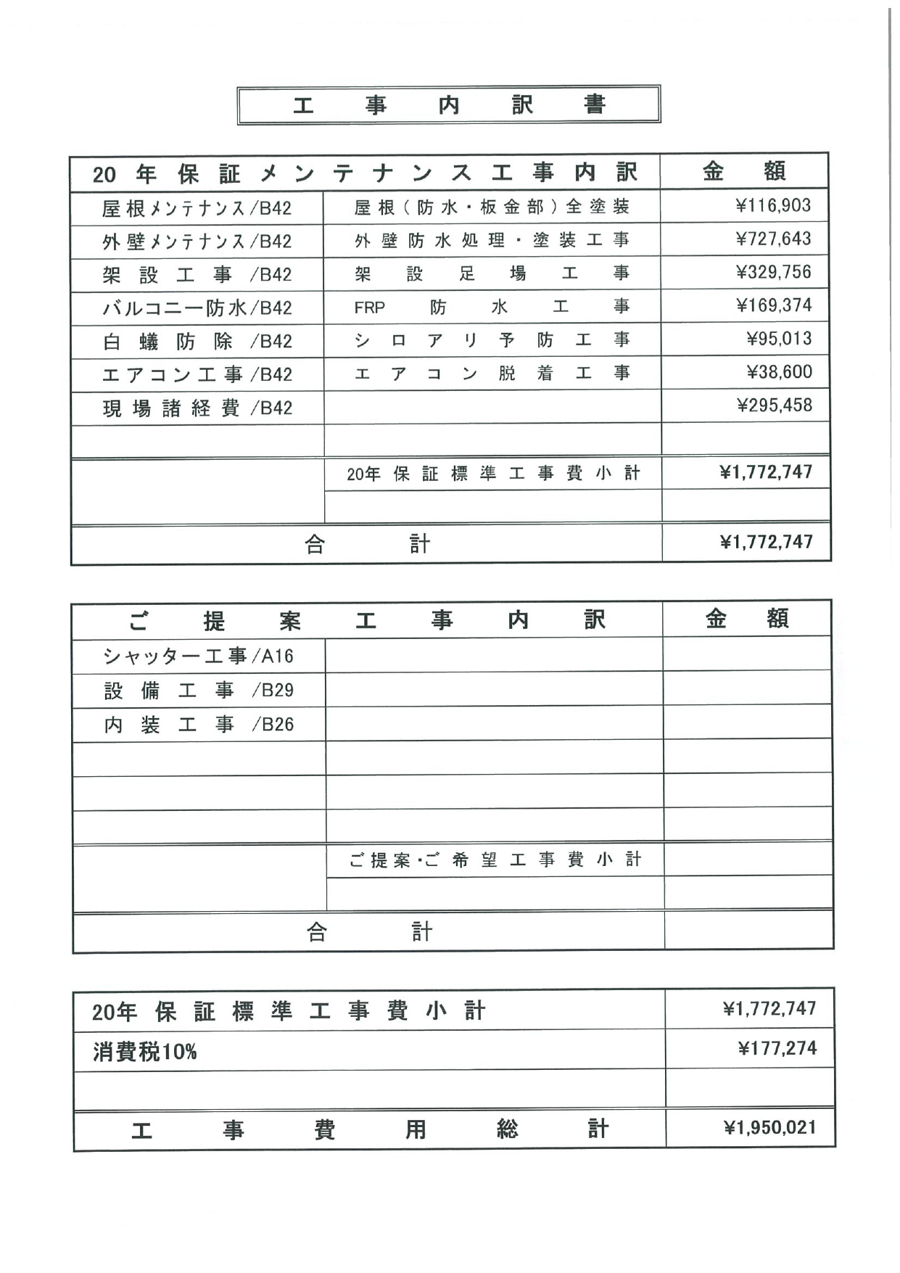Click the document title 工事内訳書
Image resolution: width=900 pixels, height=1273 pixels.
tap(448, 105)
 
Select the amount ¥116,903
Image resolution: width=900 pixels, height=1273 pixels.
tap(773, 206)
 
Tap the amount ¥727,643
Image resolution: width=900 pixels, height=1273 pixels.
tap(773, 239)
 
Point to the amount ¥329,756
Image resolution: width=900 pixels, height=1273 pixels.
tap(773, 273)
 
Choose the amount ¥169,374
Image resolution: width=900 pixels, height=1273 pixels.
tap(773, 305)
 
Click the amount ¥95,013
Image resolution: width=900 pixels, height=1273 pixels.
tap(779, 339)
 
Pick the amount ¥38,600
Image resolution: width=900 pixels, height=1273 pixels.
tap(779, 372)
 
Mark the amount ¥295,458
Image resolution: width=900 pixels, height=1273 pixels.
tap(774, 405)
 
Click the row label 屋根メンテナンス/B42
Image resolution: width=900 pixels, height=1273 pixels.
tap(197, 209)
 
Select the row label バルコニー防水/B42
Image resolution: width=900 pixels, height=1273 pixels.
tap(197, 308)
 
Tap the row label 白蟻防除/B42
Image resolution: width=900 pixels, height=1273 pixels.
tap(197, 342)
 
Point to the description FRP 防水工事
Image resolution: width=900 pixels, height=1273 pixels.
tap(491, 308)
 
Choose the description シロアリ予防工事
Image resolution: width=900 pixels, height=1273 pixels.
tap(491, 340)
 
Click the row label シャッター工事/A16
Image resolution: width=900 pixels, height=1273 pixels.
tap(198, 656)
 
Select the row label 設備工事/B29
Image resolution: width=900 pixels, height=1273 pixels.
tap(198, 691)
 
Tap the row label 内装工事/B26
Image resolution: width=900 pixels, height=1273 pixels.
tap(198, 725)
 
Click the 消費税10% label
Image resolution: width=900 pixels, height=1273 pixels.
tap(144, 1052)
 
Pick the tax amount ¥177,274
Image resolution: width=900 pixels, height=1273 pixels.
tap(777, 1049)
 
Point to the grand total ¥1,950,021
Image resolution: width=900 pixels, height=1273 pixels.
tap(769, 1128)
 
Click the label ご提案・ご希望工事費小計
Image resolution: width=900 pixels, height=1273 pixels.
tap(495, 860)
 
